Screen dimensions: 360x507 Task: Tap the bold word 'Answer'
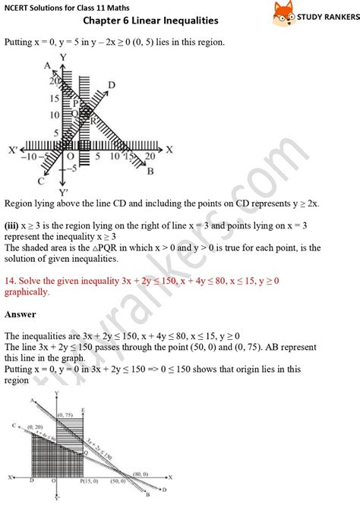[21, 313]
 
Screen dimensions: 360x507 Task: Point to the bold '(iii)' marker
[14, 225]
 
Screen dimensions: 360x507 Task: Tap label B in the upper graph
[150, 172]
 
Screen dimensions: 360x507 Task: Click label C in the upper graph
[39, 181]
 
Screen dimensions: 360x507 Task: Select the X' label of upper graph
[13, 148]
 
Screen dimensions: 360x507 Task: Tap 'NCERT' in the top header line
[19, 7]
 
